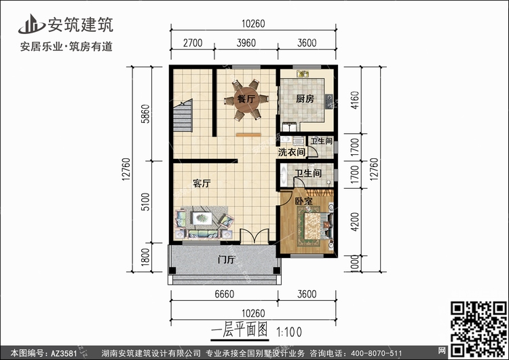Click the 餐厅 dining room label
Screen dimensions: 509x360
tap(246, 98)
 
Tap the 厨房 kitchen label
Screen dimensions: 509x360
tap(305, 98)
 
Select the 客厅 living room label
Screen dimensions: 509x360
tap(202, 183)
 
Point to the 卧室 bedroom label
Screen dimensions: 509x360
tap(303, 201)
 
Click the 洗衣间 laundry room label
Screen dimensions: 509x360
tap(292, 151)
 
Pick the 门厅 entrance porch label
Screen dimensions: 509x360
tap(226, 259)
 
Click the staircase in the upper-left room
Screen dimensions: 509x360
tap(183, 115)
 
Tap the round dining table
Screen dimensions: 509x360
tap(246, 99)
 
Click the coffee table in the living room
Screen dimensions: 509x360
tap(202, 218)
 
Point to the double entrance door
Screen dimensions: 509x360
tap(254, 236)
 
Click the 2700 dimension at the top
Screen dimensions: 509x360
tap(193, 43)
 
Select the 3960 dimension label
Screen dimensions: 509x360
tap(246, 43)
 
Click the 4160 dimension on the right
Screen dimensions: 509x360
tap(355, 100)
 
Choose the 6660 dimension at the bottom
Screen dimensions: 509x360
tap(225, 294)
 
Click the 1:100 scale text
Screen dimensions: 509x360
tap(289, 332)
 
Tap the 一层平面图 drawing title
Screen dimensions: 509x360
tap(240, 331)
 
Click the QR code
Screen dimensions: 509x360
tap(478, 329)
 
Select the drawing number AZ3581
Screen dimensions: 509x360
tap(64, 353)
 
